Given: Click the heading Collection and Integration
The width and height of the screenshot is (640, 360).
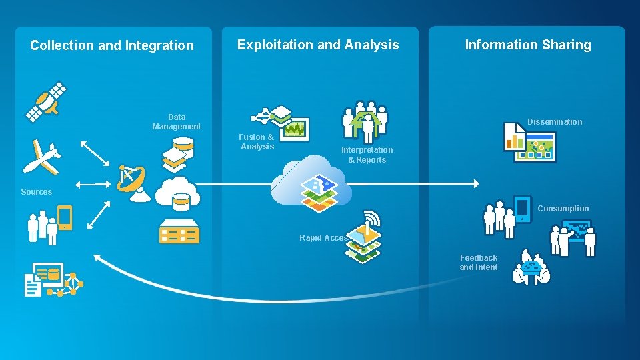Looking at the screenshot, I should coord(112,45).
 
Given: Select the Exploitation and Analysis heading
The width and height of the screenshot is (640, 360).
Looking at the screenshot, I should coord(318,45).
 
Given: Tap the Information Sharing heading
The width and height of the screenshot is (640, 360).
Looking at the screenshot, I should coord(527,45).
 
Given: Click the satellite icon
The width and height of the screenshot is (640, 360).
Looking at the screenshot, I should coord(46,102).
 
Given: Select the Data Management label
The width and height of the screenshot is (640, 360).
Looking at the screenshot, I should coord(176,121).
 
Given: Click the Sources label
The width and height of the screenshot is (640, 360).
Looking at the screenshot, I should coord(36,192).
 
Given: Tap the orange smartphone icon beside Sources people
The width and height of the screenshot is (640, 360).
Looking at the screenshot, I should coord(65,217).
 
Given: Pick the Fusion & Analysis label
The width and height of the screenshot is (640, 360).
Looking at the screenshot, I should coord(257,141).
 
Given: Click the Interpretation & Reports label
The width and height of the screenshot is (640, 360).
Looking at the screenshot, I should coord(367,155).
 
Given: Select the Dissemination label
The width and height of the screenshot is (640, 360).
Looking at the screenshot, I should coord(555,121).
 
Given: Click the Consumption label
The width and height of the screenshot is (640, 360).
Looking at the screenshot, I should coord(563,208).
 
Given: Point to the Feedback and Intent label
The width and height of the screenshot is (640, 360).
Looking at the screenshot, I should coord(478,262).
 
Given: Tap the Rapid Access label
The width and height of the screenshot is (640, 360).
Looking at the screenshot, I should coord(323,238).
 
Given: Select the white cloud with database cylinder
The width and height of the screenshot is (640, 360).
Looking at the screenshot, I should coord(178,193).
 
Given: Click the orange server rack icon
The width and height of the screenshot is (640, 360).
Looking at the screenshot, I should coord(179,231).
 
